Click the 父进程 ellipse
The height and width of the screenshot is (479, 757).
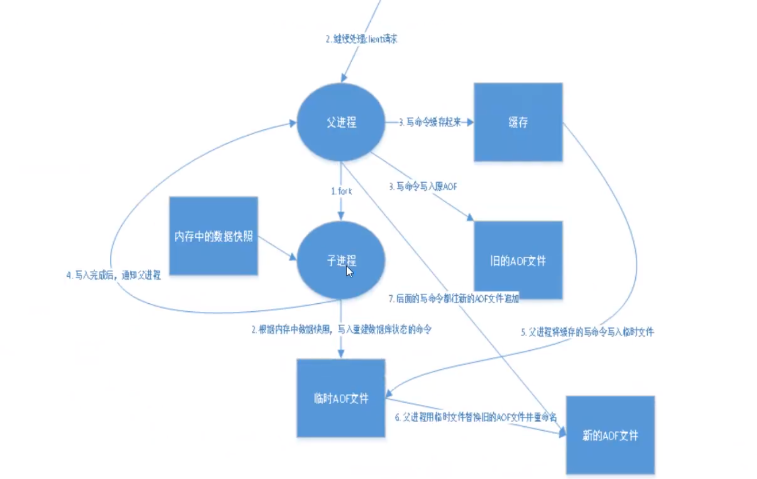coord(341,122)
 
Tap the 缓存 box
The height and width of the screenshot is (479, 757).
coord(518,122)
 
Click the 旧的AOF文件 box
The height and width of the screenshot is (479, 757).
coord(518,261)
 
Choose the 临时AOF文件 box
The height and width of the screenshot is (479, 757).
coord(341,399)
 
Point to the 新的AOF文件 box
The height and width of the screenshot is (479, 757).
coord(610,435)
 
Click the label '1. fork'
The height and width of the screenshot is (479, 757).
coord(341,191)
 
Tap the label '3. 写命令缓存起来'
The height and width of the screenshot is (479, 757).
coord(430,122)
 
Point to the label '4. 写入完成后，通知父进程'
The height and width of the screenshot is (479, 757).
coord(113,275)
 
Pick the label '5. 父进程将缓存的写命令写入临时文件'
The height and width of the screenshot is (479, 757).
coord(587,331)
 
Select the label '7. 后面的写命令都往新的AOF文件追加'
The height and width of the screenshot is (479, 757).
coord(454,299)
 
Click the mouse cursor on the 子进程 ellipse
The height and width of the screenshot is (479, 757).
coord(349,271)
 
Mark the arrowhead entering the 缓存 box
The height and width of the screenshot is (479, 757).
coord(470,122)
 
